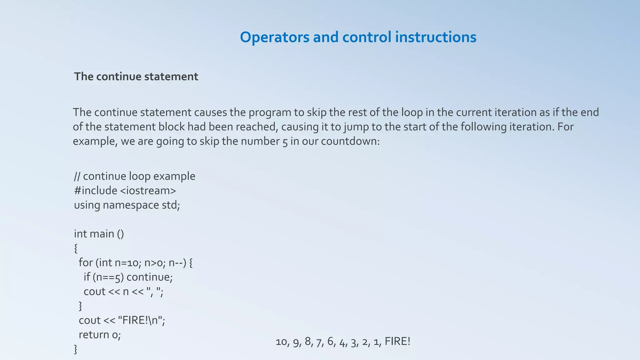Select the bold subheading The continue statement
pyautogui.click(x=136, y=77)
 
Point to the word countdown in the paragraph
pyautogui.click(x=350, y=141)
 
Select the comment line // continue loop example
pyautogui.click(x=135, y=176)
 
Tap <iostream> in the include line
pyautogui.click(x=148, y=191)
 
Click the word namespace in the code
pyautogui.click(x=131, y=205)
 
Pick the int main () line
pyautogui.click(x=99, y=234)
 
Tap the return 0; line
pyautogui.click(x=100, y=335)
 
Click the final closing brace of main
pyautogui.click(x=76, y=349)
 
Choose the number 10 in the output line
pyautogui.click(x=281, y=342)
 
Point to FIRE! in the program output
pyautogui.click(x=397, y=341)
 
